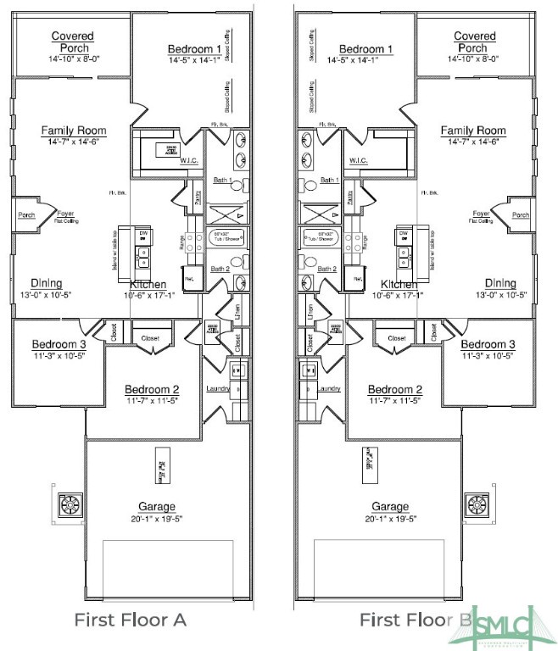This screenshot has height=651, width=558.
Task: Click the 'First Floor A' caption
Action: pyautogui.click(x=130, y=620)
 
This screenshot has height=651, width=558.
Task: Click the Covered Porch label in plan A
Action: pyautogui.click(x=72, y=42)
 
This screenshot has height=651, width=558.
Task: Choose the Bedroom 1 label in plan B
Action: pyautogui.click(x=365, y=49)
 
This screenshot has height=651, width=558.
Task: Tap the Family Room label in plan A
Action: pyautogui.click(x=74, y=131)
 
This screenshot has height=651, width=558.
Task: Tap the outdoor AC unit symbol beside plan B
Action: pyautogui.click(x=478, y=506)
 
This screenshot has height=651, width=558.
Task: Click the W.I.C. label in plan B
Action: pyautogui.click(x=358, y=161)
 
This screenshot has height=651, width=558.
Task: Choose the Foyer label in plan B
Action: pyautogui.click(x=481, y=214)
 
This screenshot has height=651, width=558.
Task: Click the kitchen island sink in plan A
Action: pyautogui.click(x=143, y=252)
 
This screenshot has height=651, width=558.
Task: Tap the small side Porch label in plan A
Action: pyautogui.click(x=25, y=215)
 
